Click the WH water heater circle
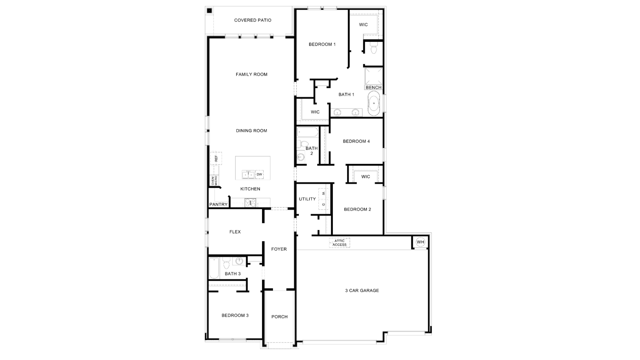click(x=420, y=242)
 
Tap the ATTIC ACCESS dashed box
click(x=340, y=243)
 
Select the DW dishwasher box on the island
click(x=260, y=174)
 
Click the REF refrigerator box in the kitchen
click(x=216, y=158)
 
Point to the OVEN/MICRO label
click(x=214, y=180)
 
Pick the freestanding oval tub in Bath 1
click(x=374, y=103)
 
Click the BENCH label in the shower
click(x=373, y=87)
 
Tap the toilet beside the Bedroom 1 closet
click(x=373, y=49)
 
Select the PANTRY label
click(x=218, y=204)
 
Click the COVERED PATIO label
click(x=252, y=20)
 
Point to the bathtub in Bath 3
click(x=214, y=268)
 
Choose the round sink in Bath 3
click(x=239, y=261)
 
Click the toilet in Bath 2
click(x=303, y=144)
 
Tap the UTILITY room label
click(x=307, y=199)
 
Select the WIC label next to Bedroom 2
click(x=365, y=177)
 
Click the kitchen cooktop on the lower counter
click(x=250, y=203)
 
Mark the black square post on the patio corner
click(x=209, y=11)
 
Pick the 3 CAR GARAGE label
click(x=362, y=291)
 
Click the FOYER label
click(x=279, y=249)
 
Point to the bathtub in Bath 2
click(x=308, y=132)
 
